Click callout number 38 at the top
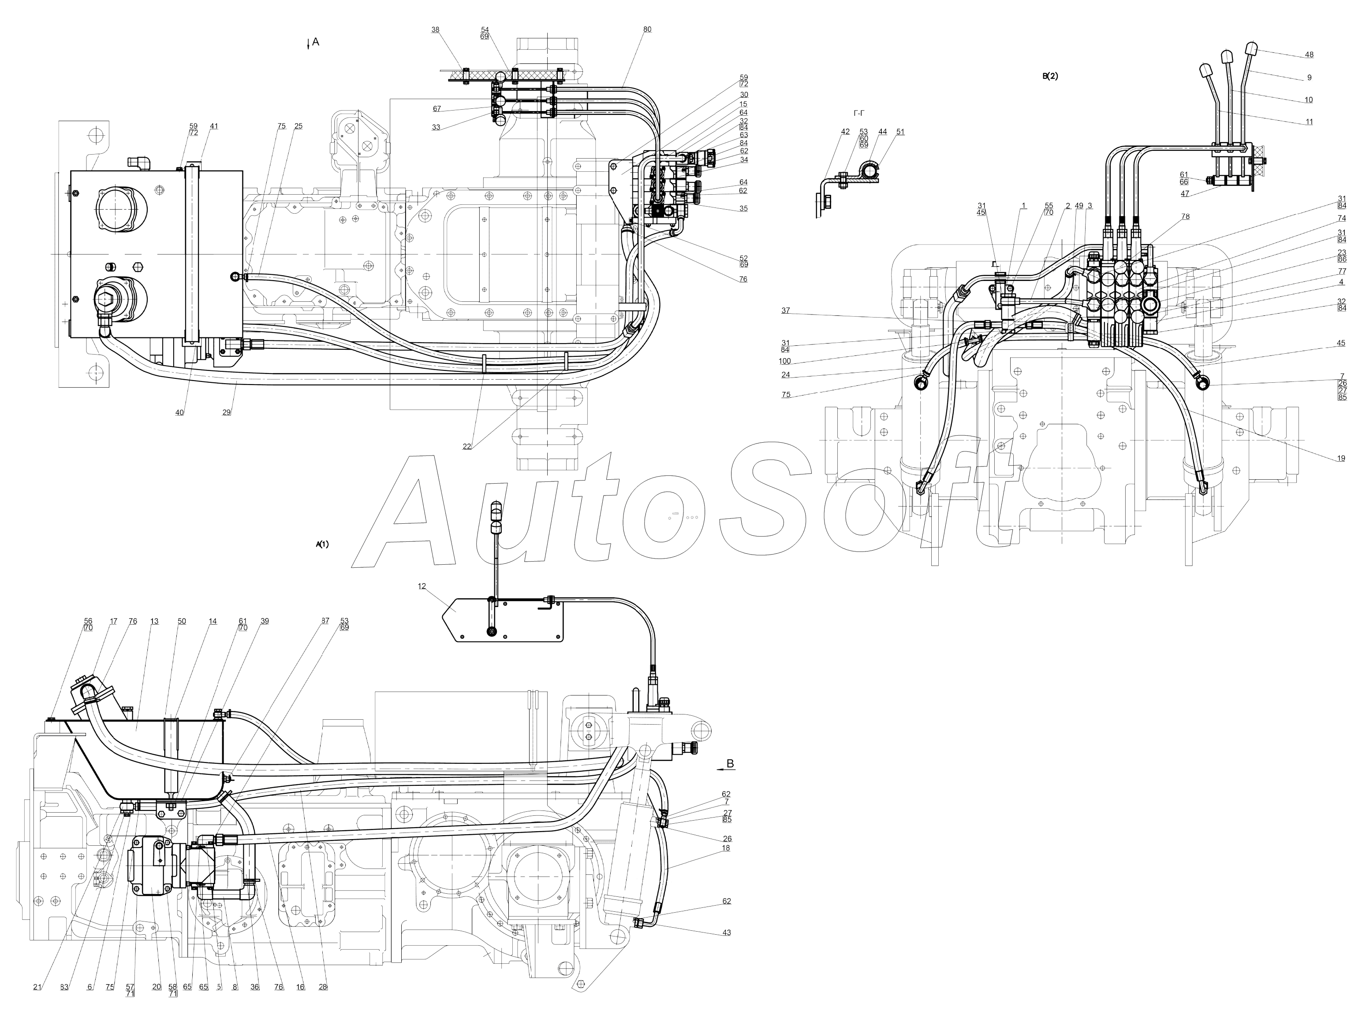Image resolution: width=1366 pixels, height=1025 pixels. pyautogui.click(x=435, y=30)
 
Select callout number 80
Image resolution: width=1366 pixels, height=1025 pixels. pyautogui.click(x=646, y=30)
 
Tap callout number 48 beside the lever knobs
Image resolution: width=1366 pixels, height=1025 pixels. pyautogui.click(x=1309, y=55)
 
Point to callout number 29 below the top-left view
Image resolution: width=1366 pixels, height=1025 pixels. pyautogui.click(x=227, y=412)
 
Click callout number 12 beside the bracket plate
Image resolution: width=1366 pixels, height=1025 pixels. pyautogui.click(x=422, y=586)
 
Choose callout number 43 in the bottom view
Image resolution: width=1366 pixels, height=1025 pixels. pyautogui.click(x=726, y=932)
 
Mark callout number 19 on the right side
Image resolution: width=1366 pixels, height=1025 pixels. pyautogui.click(x=1341, y=459)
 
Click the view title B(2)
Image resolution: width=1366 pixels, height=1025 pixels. pyautogui.click(x=1050, y=77)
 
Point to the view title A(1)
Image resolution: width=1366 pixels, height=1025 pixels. pyautogui.click(x=322, y=544)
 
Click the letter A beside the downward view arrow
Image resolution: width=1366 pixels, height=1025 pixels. pyautogui.click(x=316, y=41)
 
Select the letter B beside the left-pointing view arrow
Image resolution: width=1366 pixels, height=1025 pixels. pyautogui.click(x=731, y=764)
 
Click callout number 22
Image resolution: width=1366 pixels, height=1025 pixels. pyautogui.click(x=467, y=446)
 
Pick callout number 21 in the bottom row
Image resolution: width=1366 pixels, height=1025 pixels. pyautogui.click(x=37, y=987)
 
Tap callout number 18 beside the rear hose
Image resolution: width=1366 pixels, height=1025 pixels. pyautogui.click(x=726, y=848)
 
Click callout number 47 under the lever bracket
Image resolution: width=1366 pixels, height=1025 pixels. pyautogui.click(x=1184, y=194)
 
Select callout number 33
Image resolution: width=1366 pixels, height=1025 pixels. pyautogui.click(x=436, y=127)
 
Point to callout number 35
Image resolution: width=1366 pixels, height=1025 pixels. pyautogui.click(x=743, y=209)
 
